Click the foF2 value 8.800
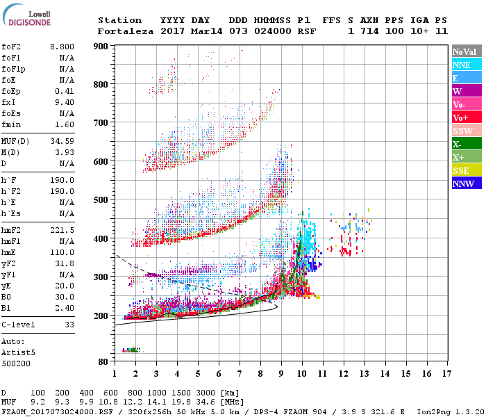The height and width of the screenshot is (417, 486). coord(60,47)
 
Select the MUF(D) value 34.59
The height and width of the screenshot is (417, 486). coord(62,141)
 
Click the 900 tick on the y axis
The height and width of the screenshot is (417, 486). coord(102,47)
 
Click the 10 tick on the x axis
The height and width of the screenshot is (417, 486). coord(302,374)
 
